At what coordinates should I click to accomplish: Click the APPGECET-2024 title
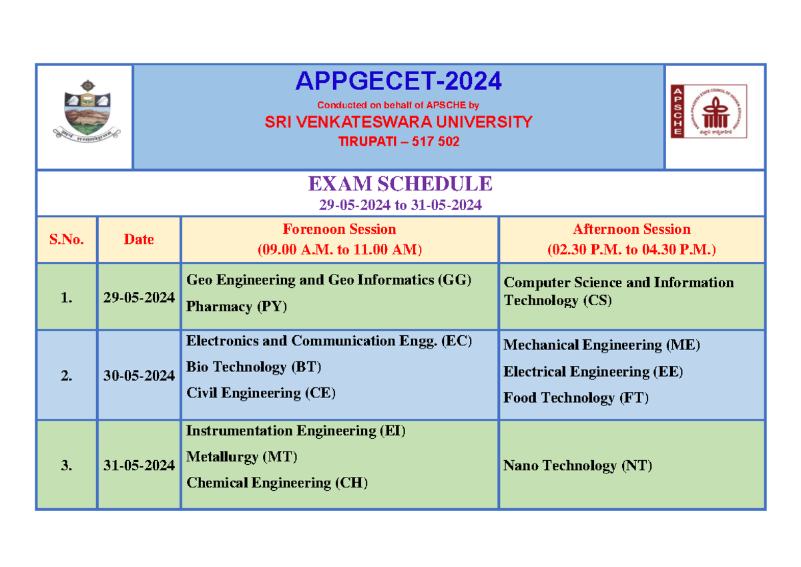pos(398,81)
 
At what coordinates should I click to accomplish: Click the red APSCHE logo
pos(709,112)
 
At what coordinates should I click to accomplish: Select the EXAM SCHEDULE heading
pos(399,184)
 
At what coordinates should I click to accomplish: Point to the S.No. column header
pos(66,240)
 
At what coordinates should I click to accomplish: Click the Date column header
pos(139,240)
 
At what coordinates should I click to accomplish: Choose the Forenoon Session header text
pos(339,230)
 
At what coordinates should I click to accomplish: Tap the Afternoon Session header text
pos(631,230)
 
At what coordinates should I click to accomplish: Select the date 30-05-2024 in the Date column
pos(139,376)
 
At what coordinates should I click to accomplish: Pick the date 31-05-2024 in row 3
pos(139,466)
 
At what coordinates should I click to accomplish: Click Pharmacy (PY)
pos(236,307)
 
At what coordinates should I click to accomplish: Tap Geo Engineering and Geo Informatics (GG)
pos(329,280)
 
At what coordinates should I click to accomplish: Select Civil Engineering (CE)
pos(260,393)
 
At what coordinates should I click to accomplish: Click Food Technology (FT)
pos(575,398)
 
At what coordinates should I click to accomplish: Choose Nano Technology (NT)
pos(577,466)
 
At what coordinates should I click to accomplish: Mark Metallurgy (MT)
pos(242,457)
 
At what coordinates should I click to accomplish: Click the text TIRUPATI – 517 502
pos(398,142)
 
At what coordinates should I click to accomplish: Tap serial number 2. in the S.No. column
pos(66,376)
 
